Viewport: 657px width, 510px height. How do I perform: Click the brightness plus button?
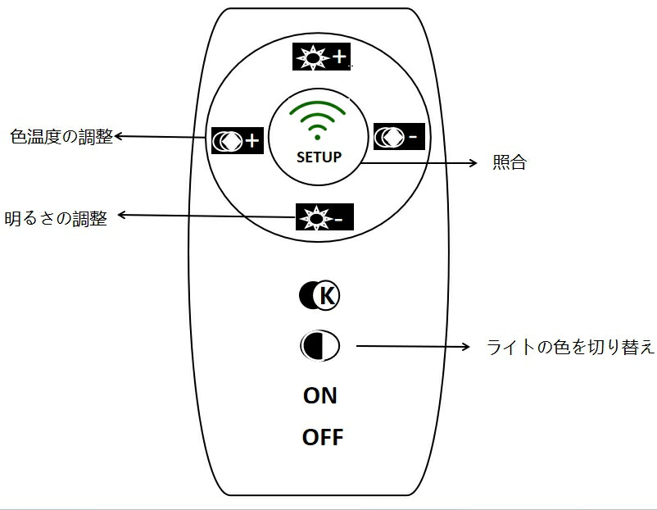tap(320, 56)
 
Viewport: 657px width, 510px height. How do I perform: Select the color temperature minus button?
tap(399, 137)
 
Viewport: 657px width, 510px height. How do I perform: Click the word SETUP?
tap(319, 157)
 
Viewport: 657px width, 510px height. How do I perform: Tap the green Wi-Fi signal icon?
tap(319, 118)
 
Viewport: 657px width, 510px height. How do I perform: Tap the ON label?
tap(320, 395)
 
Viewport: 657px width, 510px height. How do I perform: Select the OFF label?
tap(323, 437)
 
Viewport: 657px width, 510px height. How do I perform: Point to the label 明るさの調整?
tap(56, 219)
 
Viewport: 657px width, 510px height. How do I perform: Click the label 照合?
tap(509, 162)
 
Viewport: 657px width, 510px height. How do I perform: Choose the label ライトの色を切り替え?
tap(570, 347)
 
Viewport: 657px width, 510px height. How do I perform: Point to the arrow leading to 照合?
tap(418, 163)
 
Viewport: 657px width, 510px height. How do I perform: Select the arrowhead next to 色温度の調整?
tap(119, 137)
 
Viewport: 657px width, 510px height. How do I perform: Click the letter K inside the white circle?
tap(326, 296)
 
